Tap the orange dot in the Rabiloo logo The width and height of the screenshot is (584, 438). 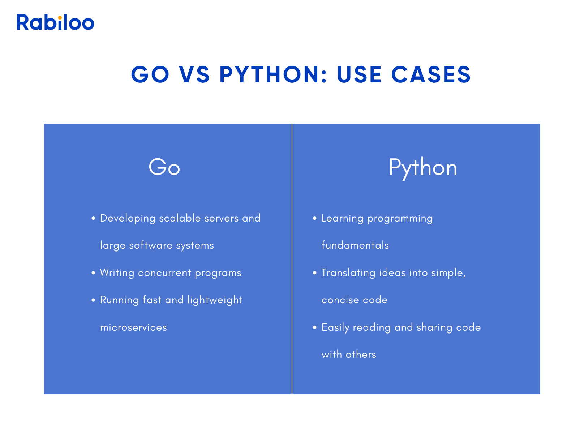coord(60,18)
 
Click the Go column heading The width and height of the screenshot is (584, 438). coord(164,167)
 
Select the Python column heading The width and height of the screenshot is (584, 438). coord(423,168)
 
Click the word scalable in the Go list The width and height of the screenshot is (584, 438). coord(180,218)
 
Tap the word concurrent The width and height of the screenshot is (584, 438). coord(164,273)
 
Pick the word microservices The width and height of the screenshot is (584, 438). coord(134,327)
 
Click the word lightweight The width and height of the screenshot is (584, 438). coord(215,300)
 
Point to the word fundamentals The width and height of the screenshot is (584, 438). coord(355,245)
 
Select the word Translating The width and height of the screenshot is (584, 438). coord(348,273)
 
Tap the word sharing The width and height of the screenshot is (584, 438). coord(434,327)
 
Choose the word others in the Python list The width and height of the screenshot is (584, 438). coord(361,355)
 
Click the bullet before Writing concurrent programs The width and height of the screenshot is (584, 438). coord(93,273)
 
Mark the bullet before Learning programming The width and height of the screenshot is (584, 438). coord(315,218)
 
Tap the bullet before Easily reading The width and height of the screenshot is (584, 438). coord(315,327)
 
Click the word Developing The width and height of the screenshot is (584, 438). coord(128,218)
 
